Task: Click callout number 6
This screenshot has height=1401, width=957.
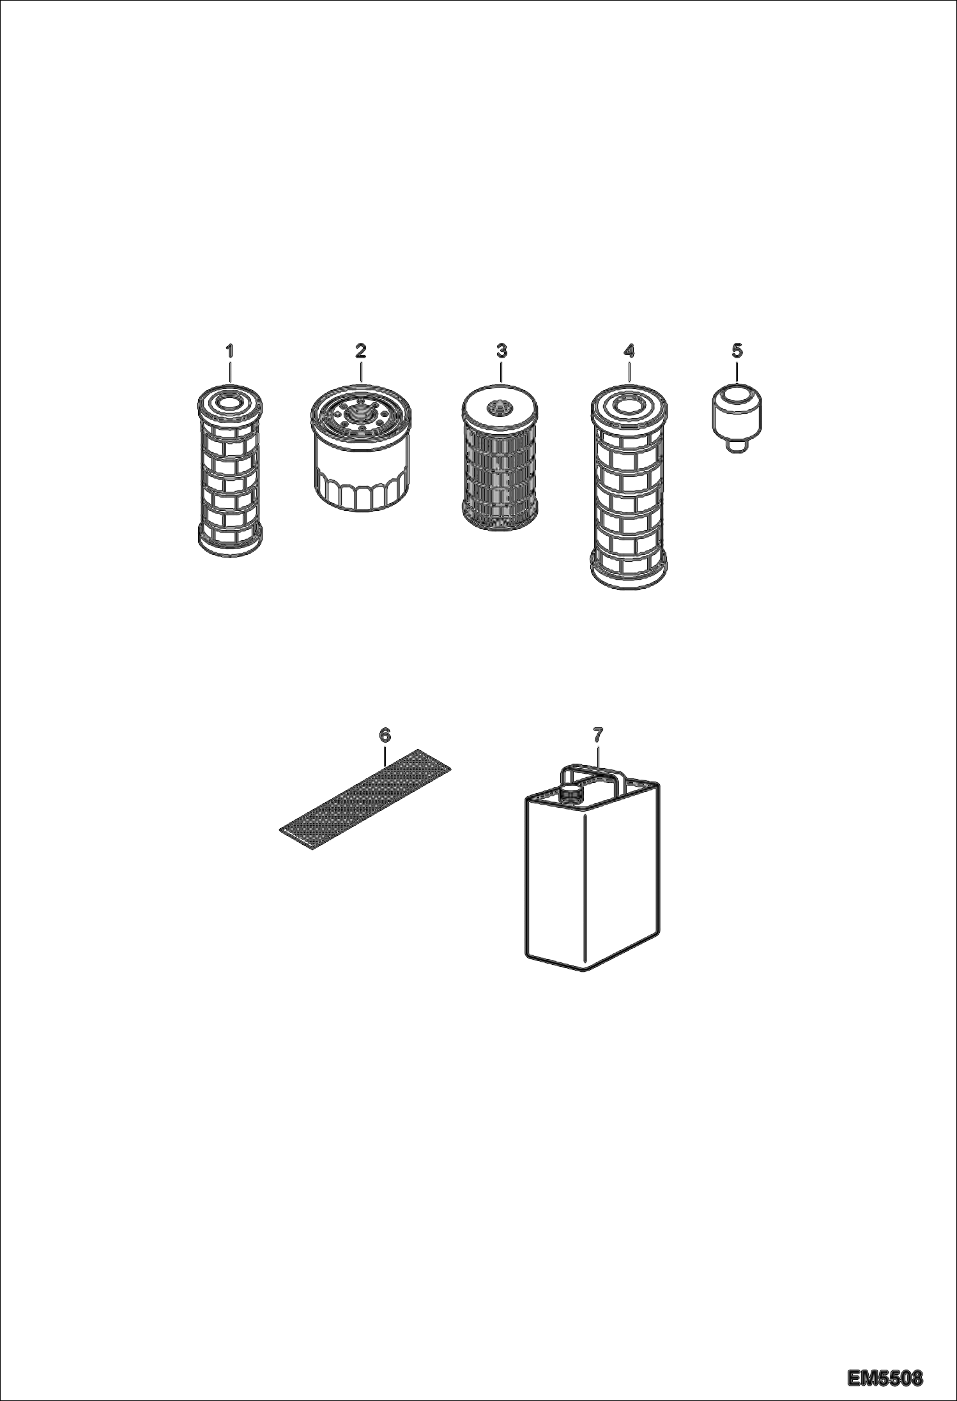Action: (x=385, y=735)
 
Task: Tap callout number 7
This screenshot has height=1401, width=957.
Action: (x=598, y=735)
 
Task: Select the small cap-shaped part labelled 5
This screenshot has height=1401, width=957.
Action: (x=737, y=418)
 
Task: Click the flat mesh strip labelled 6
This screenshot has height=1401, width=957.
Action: (x=365, y=800)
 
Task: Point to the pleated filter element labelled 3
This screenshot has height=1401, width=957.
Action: (x=500, y=458)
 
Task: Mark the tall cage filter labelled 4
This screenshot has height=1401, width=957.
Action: (x=629, y=485)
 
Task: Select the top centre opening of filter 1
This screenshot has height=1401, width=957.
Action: (x=229, y=402)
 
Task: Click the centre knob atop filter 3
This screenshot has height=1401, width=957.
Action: (x=499, y=406)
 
